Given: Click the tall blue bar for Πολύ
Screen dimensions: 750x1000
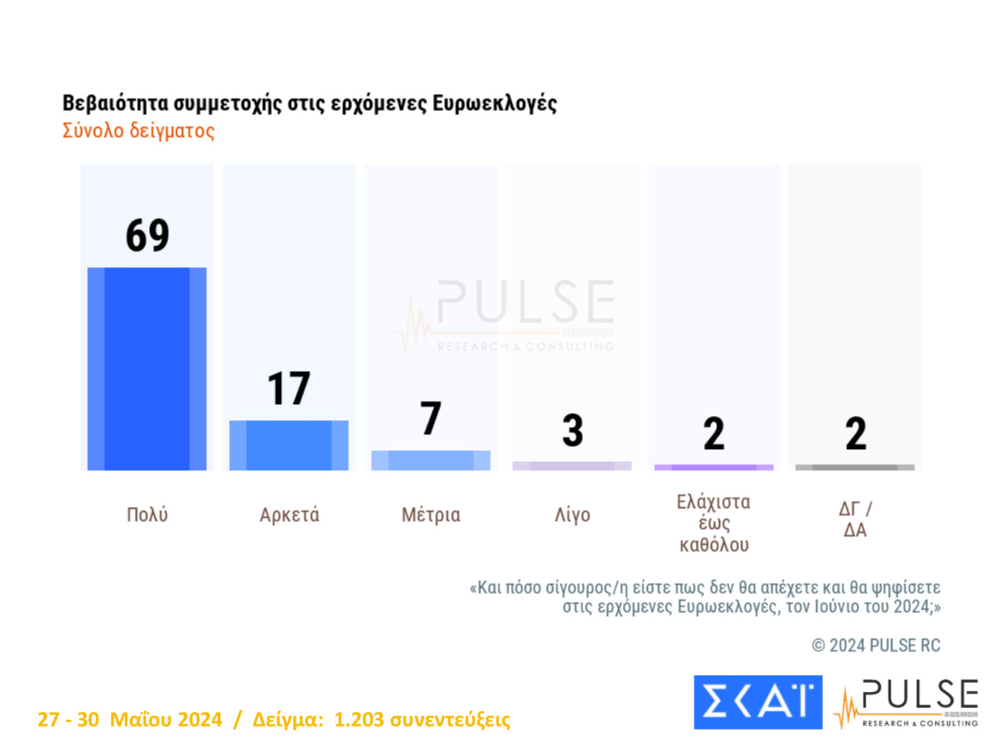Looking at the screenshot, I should click(147, 368).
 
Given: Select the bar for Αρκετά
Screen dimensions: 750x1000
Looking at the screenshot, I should click(289, 445).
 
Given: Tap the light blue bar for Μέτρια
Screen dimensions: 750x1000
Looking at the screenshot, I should click(431, 460).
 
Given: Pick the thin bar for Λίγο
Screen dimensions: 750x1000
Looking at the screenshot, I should click(572, 466).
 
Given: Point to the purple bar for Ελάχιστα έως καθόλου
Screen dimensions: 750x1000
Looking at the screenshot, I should click(714, 468).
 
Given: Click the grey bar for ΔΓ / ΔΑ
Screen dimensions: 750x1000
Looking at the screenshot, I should click(855, 468).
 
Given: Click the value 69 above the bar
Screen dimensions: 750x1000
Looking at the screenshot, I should click(147, 236).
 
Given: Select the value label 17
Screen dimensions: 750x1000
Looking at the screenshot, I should click(289, 389).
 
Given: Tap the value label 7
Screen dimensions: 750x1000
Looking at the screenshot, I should click(431, 418).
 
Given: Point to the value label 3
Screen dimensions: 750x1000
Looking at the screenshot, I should click(572, 431).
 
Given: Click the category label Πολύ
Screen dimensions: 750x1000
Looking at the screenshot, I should click(147, 515).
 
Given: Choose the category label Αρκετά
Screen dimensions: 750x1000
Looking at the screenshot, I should click(289, 515).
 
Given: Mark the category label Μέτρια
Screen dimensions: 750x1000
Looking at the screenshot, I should click(431, 515).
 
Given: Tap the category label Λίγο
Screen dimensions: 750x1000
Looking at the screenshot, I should click(572, 515).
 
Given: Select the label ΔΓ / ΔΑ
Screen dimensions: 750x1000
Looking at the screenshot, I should click(855, 519).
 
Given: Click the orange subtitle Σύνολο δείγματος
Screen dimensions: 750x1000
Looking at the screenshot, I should click(138, 131).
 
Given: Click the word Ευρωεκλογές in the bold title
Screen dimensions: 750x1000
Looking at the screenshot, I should click(494, 104).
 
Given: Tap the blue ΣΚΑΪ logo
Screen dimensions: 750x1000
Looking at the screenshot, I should click(758, 702).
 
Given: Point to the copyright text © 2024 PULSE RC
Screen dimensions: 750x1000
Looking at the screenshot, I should click(876, 646).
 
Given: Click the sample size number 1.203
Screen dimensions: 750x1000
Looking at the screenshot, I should click(358, 719).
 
